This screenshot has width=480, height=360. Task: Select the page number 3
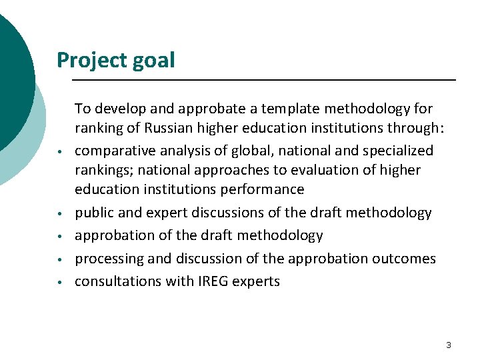point(448,345)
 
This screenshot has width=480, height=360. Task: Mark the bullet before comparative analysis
point(60,152)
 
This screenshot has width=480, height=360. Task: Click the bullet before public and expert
point(60,214)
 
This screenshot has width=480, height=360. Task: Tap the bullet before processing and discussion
point(60,260)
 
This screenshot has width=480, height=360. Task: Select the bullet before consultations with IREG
point(60,283)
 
